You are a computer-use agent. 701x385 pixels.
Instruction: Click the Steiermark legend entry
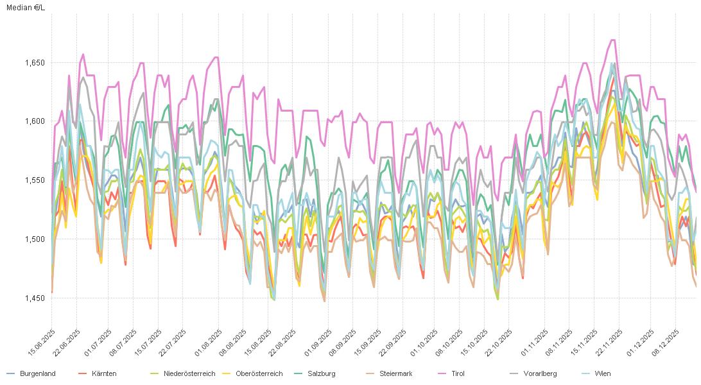pos(395,373)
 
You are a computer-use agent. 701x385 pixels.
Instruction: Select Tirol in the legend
pos(458,373)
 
